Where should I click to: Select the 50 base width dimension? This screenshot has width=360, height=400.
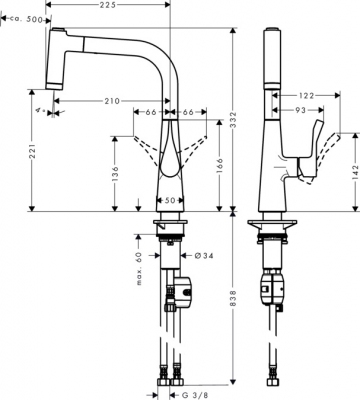coord(170,200)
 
